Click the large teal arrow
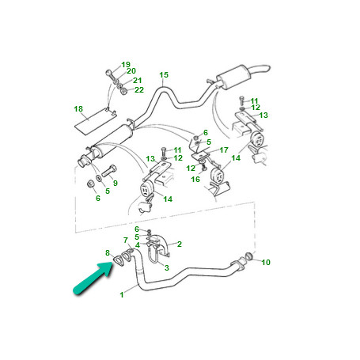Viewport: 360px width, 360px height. coord(93,279)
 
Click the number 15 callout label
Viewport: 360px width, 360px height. coord(164,75)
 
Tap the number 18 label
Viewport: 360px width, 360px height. coord(78,108)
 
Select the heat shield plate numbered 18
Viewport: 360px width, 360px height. coord(96,120)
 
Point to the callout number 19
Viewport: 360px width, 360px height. coord(126,65)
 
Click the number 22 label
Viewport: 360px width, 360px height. coord(139,90)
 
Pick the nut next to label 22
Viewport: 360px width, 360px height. coord(123,91)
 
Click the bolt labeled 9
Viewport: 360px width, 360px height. coord(109,171)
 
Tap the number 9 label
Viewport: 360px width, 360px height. coord(116,183)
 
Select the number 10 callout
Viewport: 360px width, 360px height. coord(266,262)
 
